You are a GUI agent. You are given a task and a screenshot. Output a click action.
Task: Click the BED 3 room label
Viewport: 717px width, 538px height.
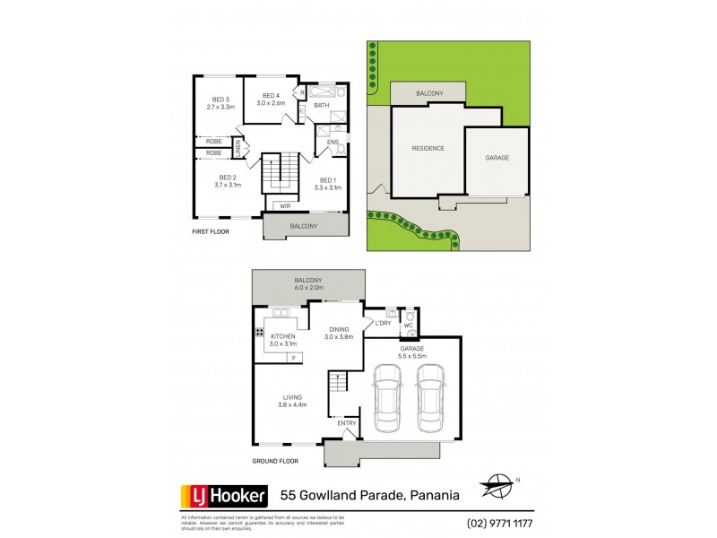(x=220, y=99)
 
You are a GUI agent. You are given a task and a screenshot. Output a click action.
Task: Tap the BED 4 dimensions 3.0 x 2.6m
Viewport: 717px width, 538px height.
(x=271, y=103)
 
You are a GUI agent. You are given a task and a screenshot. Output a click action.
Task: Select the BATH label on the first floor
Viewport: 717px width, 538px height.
(x=321, y=106)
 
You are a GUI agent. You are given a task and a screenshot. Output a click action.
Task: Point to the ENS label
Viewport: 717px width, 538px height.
(x=333, y=142)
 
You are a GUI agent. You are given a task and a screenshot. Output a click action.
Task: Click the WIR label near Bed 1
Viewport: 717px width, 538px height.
(x=285, y=206)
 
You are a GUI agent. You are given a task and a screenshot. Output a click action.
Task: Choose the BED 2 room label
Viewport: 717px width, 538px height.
(x=226, y=178)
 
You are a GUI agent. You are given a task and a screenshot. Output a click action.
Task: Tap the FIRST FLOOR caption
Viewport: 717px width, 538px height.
(x=211, y=231)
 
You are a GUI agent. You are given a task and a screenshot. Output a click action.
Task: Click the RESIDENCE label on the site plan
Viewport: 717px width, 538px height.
(x=428, y=148)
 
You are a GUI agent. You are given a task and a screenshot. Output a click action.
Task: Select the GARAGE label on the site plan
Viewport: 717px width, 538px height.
(x=497, y=158)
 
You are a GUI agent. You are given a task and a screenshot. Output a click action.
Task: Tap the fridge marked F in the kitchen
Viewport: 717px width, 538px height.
(x=292, y=358)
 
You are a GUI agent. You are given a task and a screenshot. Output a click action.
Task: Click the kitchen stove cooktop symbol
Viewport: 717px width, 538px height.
(x=258, y=333)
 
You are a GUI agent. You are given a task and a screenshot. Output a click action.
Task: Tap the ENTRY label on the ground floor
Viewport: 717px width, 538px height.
(x=346, y=423)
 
